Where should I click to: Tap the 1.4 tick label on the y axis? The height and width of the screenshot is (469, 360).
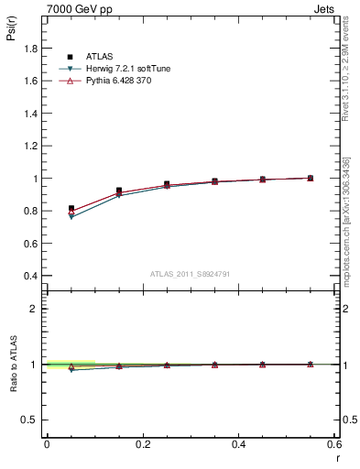[x=31, y=114]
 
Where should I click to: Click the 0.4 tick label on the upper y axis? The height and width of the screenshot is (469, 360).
[x=31, y=276]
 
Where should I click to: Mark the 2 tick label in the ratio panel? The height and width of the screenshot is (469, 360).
[x=35, y=309]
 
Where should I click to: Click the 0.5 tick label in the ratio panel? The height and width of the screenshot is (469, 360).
[x=31, y=420]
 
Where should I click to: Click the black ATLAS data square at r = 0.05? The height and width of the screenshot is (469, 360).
[x=71, y=209]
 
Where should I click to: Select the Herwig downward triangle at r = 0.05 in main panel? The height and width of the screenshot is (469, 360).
[x=71, y=217]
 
